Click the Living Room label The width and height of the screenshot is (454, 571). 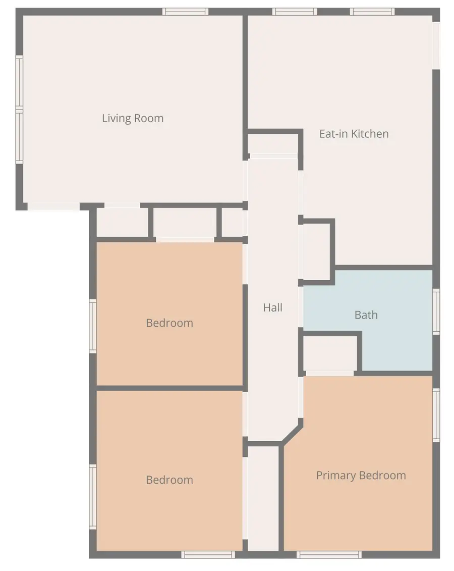[133, 119]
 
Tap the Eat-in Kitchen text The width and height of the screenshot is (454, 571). [354, 134]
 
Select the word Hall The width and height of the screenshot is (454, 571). [272, 307]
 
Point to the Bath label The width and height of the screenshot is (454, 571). [366, 315]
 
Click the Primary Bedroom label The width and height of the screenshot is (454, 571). [361, 476]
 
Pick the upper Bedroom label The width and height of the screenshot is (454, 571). [169, 323]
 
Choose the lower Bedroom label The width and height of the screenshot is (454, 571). [169, 480]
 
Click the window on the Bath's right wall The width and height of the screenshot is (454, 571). [436, 312]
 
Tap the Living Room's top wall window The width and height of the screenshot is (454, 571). [185, 12]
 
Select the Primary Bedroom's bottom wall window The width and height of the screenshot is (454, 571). [329, 554]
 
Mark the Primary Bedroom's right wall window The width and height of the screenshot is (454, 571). [436, 415]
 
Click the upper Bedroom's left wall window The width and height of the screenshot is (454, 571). [93, 326]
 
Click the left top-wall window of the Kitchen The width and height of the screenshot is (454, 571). [295, 12]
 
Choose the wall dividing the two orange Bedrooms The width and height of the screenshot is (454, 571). [169, 388]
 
